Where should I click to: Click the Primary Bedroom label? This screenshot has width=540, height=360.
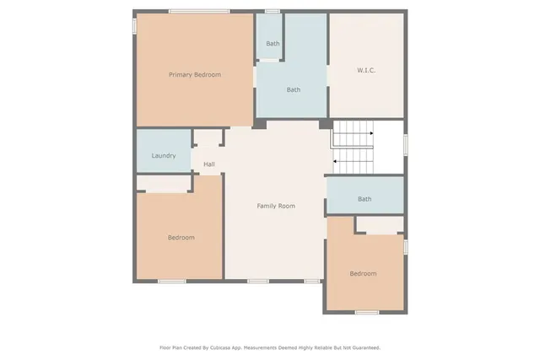click(x=194, y=75)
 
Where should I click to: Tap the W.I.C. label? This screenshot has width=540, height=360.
click(x=366, y=70)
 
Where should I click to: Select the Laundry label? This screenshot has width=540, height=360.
click(x=163, y=156)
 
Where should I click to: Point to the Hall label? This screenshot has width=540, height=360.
click(x=208, y=164)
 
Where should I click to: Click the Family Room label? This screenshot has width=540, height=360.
click(x=275, y=206)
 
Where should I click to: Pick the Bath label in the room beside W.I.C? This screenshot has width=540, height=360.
click(x=293, y=89)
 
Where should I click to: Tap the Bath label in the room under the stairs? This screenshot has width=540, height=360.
click(x=364, y=199)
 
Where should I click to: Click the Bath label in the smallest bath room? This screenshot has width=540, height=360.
click(x=273, y=44)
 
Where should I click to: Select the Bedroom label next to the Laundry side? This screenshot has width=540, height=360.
click(x=181, y=238)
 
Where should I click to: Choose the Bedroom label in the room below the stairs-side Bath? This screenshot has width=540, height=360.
click(x=363, y=273)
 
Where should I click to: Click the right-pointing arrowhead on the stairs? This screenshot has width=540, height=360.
click(x=370, y=132)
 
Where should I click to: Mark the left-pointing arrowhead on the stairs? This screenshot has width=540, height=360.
click(x=336, y=160)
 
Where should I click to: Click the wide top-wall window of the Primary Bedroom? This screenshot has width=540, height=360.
click(x=198, y=11)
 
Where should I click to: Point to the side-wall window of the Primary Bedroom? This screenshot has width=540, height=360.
click(x=133, y=26)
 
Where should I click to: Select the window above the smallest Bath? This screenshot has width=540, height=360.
click(x=273, y=11)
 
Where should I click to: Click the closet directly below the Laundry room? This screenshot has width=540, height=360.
click(x=165, y=183)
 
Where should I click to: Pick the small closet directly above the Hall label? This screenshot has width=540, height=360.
click(x=208, y=139)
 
